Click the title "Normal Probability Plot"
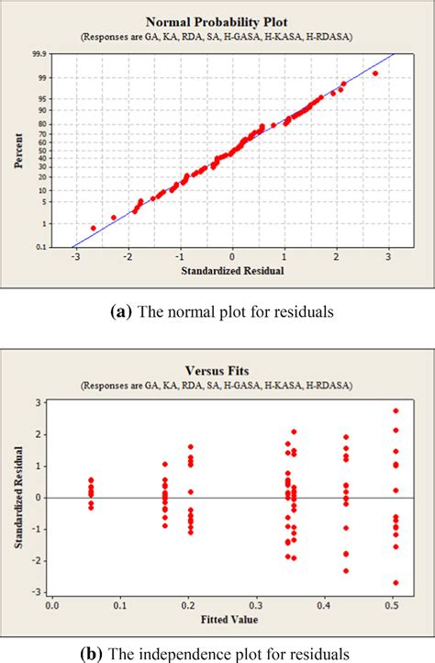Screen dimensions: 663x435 click(218, 21)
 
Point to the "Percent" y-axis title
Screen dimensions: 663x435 click(18, 151)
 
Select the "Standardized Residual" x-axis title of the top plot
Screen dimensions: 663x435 click(232, 272)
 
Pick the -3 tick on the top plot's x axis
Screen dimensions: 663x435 click(75, 257)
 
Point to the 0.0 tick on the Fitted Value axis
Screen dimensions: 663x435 click(52, 605)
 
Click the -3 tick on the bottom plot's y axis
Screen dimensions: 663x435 click(38, 592)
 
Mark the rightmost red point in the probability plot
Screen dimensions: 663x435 click(374, 73)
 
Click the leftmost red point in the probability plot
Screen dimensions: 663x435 click(93, 228)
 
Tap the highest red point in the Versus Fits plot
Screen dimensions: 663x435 click(396, 410)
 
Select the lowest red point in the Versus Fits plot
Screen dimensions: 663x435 click(396, 582)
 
